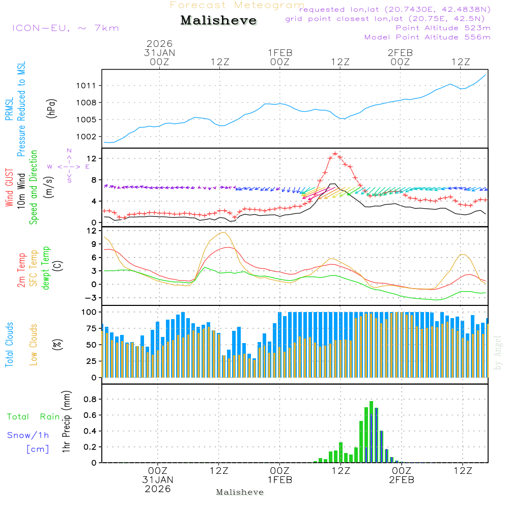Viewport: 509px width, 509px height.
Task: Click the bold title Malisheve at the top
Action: coord(219,20)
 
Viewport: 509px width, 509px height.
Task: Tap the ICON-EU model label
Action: coord(65,28)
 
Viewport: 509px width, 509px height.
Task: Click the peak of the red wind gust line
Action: coord(335,153)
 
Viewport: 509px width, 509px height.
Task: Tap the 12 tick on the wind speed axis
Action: coord(92,159)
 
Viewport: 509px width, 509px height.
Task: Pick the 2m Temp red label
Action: coord(21,270)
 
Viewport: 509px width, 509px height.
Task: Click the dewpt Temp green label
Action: coord(45,268)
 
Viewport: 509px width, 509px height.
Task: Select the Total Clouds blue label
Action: coord(9,345)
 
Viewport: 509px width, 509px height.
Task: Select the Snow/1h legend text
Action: coord(28,435)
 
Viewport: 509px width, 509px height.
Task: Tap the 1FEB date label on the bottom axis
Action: coord(279,479)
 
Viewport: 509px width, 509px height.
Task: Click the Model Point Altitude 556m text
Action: coord(428,37)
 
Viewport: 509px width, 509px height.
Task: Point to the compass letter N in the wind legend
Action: coord(69,151)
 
